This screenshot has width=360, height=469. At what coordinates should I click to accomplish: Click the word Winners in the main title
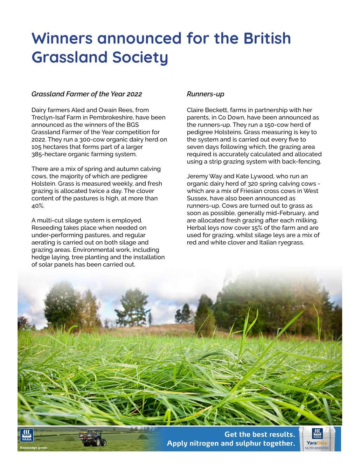coord(62,38)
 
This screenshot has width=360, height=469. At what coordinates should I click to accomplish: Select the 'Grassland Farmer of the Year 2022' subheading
coord(86,94)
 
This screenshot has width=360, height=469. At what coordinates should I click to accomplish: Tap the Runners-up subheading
coord(205,94)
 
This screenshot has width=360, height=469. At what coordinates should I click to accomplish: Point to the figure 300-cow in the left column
coord(94,139)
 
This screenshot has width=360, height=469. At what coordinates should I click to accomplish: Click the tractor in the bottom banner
coord(92,438)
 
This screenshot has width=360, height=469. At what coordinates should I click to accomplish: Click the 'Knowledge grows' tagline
coord(34,448)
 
